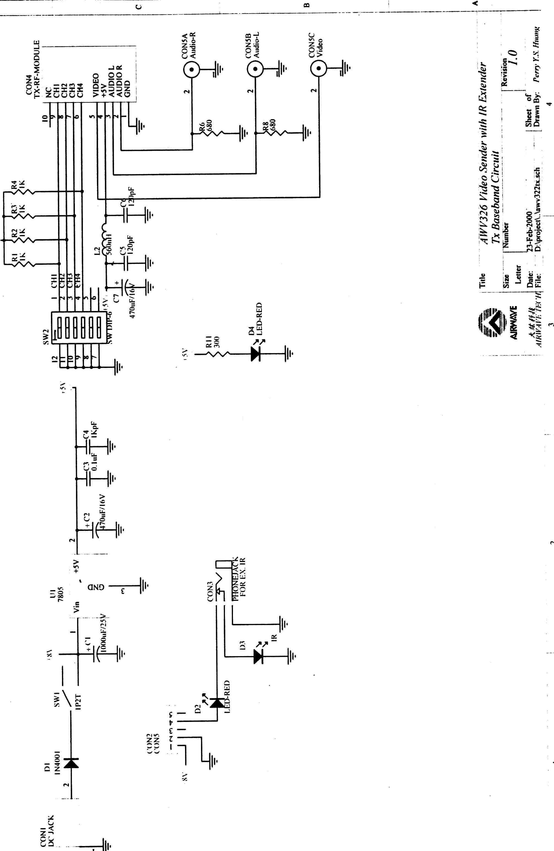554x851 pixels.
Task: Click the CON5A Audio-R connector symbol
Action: pyautogui.click(x=192, y=69)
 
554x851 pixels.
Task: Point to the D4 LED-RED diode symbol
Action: pyautogui.click(x=255, y=354)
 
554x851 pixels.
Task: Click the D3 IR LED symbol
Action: pyautogui.click(x=258, y=656)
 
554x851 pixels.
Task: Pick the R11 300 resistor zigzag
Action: pyautogui.click(x=218, y=354)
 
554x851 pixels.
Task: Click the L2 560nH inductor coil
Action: pyautogui.click(x=105, y=239)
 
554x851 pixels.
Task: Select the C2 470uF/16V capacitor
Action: pyautogui.click(x=94, y=530)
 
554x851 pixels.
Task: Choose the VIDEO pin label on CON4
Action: pyautogui.click(x=96, y=85)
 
